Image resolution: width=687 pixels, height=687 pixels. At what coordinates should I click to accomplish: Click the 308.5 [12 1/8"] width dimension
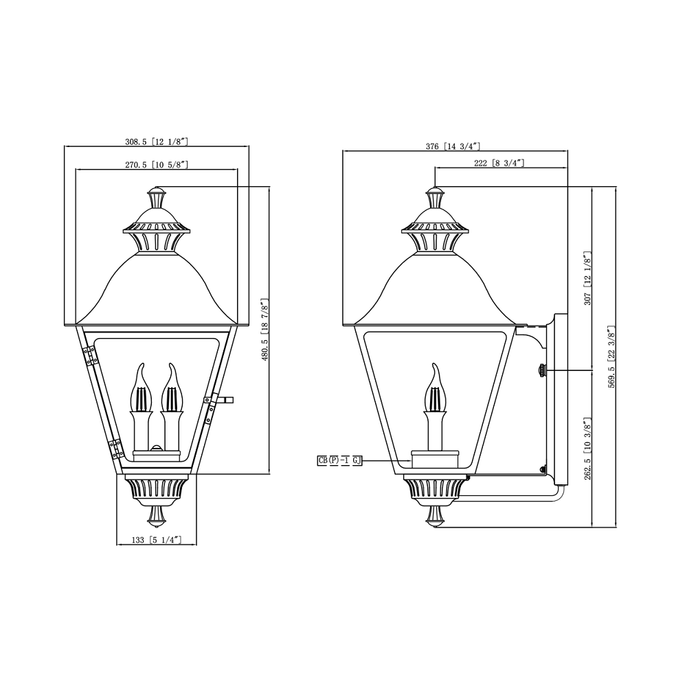click(x=156, y=142)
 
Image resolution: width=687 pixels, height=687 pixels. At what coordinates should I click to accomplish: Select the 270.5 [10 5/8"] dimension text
click(x=156, y=164)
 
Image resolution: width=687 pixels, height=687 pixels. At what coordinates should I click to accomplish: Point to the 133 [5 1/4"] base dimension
click(x=156, y=541)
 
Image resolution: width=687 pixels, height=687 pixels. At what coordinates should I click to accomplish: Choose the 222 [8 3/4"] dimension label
click(x=499, y=163)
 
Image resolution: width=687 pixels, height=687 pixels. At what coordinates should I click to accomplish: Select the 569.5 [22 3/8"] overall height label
click(x=611, y=357)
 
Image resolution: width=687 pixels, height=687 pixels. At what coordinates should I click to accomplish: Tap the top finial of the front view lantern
click(x=157, y=199)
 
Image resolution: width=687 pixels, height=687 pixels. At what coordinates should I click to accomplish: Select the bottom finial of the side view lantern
click(x=433, y=517)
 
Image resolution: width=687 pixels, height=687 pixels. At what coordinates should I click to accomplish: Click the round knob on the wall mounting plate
click(x=542, y=371)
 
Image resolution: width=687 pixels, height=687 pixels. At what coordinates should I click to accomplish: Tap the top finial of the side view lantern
click(x=434, y=199)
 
